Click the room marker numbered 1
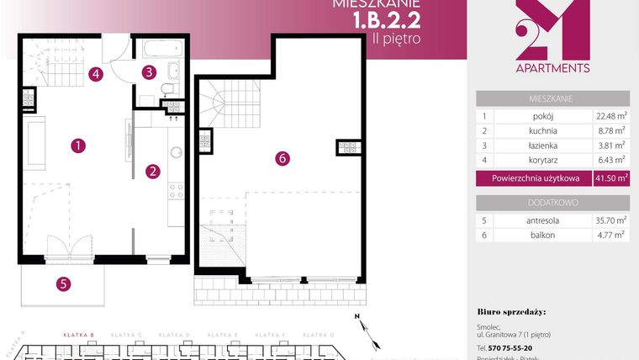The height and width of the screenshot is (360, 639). coord(77,146)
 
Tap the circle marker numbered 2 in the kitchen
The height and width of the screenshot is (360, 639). coord(153,172)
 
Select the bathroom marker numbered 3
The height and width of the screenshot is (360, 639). coord(149,71)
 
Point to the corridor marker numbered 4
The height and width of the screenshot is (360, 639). coord(97,73)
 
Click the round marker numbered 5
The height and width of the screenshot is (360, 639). coord(63,283)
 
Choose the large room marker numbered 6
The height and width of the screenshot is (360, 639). coord(283,157)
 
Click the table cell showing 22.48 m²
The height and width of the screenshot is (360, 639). coord(610,117)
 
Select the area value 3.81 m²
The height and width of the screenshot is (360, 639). coord(610,146)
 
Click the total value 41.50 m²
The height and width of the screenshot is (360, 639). coord(610,178)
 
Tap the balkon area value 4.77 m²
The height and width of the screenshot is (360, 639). coord(610,236)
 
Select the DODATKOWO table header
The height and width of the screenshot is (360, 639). coord(552,203)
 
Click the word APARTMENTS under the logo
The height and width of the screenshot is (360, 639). coord(552,68)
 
